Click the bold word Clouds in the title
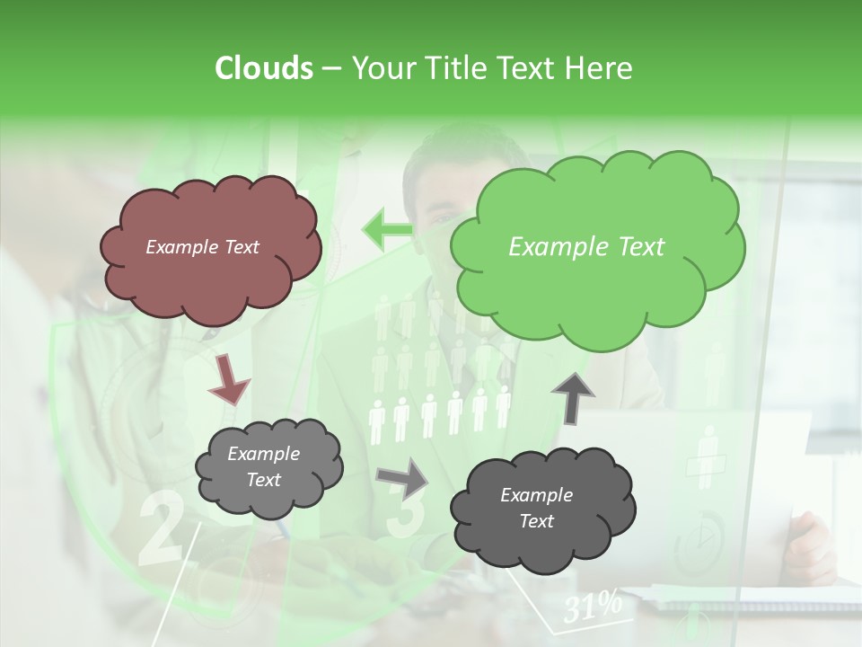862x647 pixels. click(x=263, y=68)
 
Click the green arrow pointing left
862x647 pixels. click(x=387, y=229)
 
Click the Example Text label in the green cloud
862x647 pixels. click(x=586, y=247)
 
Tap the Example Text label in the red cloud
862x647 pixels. click(x=202, y=247)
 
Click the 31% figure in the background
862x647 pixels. click(x=593, y=607)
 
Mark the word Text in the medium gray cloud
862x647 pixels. click(x=263, y=480)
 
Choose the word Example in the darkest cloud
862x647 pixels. click(x=536, y=495)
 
